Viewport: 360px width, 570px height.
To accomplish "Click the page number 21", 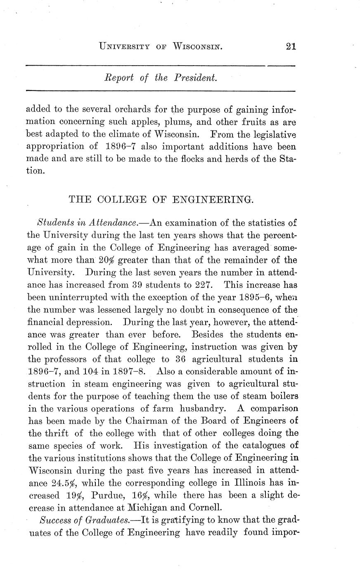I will point(291,46).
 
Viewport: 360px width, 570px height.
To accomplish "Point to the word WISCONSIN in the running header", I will point(198,46).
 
